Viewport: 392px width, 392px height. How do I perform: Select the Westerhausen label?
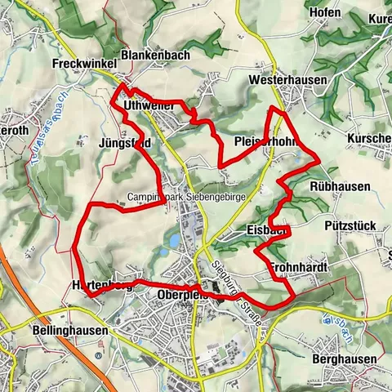point(287,81)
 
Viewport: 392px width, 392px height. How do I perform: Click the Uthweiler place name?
point(149,107)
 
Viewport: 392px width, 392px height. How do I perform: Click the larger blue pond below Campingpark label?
point(174,240)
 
